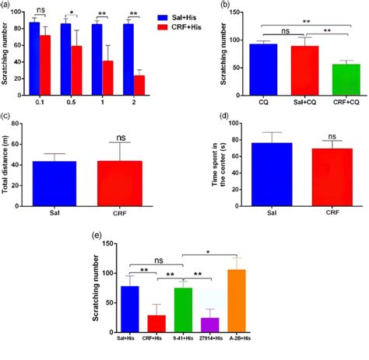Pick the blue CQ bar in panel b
tap(245, 68)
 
